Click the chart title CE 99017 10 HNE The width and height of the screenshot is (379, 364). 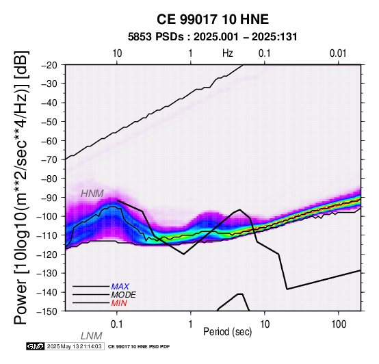[213, 19]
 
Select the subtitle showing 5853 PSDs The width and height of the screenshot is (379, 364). [213, 37]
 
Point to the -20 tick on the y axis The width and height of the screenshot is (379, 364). [49, 65]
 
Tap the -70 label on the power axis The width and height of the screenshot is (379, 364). [49, 159]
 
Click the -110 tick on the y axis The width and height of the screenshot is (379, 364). [47, 235]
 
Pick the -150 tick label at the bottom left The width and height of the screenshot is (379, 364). [47, 311]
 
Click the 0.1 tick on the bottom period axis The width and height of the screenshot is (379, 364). [117, 324]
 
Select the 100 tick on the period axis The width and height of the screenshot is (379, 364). [339, 324]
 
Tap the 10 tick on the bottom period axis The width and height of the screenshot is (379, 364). [265, 324]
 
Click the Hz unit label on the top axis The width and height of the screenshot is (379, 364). [228, 53]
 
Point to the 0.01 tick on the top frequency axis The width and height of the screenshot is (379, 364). [338, 53]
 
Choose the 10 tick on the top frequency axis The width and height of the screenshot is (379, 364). [117, 53]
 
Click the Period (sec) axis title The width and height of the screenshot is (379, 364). [227, 332]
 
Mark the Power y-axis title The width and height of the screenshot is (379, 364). [21, 187]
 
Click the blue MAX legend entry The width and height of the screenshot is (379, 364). [120, 287]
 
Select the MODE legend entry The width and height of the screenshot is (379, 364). [124, 295]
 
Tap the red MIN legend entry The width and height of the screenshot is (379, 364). [119, 303]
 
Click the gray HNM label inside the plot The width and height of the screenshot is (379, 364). [92, 194]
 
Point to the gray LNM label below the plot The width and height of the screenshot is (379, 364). [92, 336]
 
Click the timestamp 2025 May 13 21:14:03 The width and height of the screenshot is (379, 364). [74, 347]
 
